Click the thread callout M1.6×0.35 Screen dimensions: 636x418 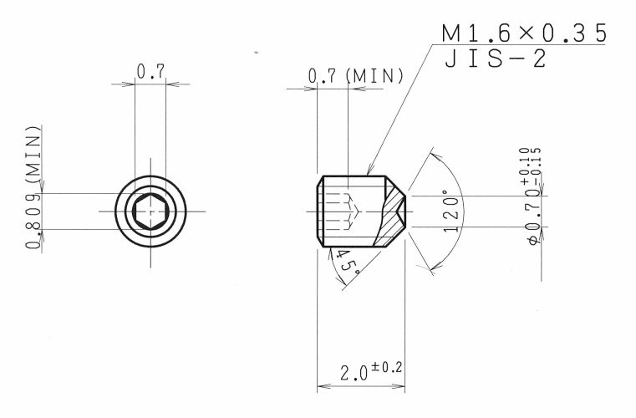[x=524, y=33]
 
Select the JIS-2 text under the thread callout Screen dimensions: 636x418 [x=496, y=59]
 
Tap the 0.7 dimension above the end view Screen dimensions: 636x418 [x=150, y=72]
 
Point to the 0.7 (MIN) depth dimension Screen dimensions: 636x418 [x=356, y=76]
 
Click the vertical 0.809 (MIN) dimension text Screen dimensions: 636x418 [x=33, y=187]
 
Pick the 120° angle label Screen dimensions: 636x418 [x=451, y=211]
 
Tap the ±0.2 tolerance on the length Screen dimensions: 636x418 [x=387, y=368]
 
